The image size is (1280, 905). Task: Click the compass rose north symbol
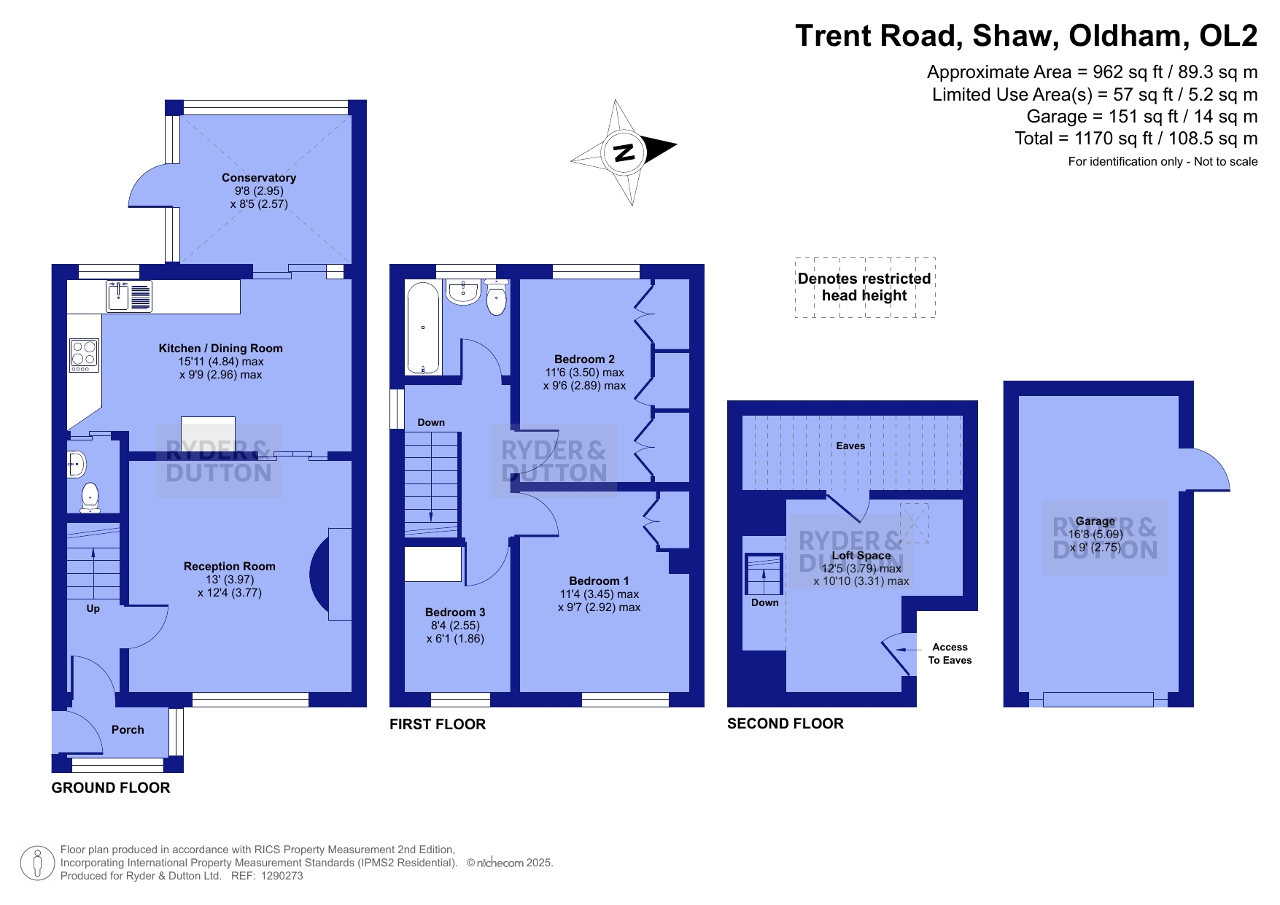click(x=624, y=152)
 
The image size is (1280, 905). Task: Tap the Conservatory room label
click(x=259, y=178)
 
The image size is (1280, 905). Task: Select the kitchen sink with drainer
click(x=129, y=296)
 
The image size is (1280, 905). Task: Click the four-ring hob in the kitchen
click(x=84, y=355)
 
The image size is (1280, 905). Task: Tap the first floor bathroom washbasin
click(x=463, y=292)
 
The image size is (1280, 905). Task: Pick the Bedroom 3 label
click(x=455, y=613)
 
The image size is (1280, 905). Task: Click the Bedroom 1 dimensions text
click(x=599, y=601)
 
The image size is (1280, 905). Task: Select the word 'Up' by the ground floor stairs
click(x=93, y=608)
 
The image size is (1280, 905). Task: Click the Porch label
click(x=128, y=730)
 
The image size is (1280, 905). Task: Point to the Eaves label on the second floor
click(x=850, y=446)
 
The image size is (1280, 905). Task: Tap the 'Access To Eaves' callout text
click(x=950, y=653)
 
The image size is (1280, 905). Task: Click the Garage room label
click(x=1095, y=521)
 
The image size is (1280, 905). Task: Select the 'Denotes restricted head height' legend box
click(x=865, y=287)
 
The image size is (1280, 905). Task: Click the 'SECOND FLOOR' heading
click(x=786, y=723)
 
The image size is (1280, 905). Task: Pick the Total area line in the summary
click(x=1136, y=139)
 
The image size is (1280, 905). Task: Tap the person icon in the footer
click(x=37, y=863)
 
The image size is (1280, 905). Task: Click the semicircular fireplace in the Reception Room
click(x=320, y=574)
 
